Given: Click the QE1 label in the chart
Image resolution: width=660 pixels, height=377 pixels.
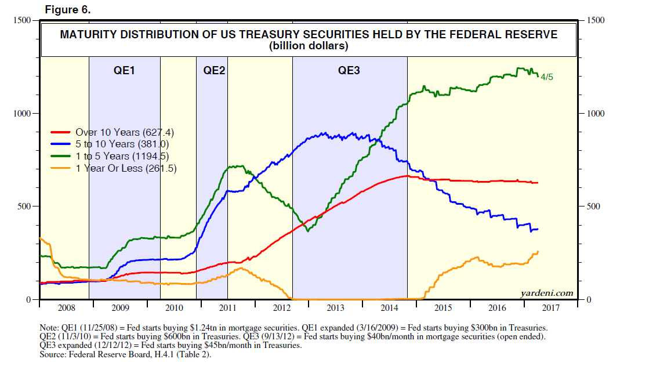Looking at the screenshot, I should (124, 71).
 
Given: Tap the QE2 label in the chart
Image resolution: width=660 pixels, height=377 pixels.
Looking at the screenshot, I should (214, 71).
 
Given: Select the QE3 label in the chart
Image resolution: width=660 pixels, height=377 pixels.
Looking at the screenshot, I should (349, 71).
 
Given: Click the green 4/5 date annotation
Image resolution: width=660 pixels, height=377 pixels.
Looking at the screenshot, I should (547, 77).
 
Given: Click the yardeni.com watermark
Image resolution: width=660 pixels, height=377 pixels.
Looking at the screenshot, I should (547, 293).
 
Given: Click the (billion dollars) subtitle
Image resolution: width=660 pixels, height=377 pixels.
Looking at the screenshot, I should (309, 46).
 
